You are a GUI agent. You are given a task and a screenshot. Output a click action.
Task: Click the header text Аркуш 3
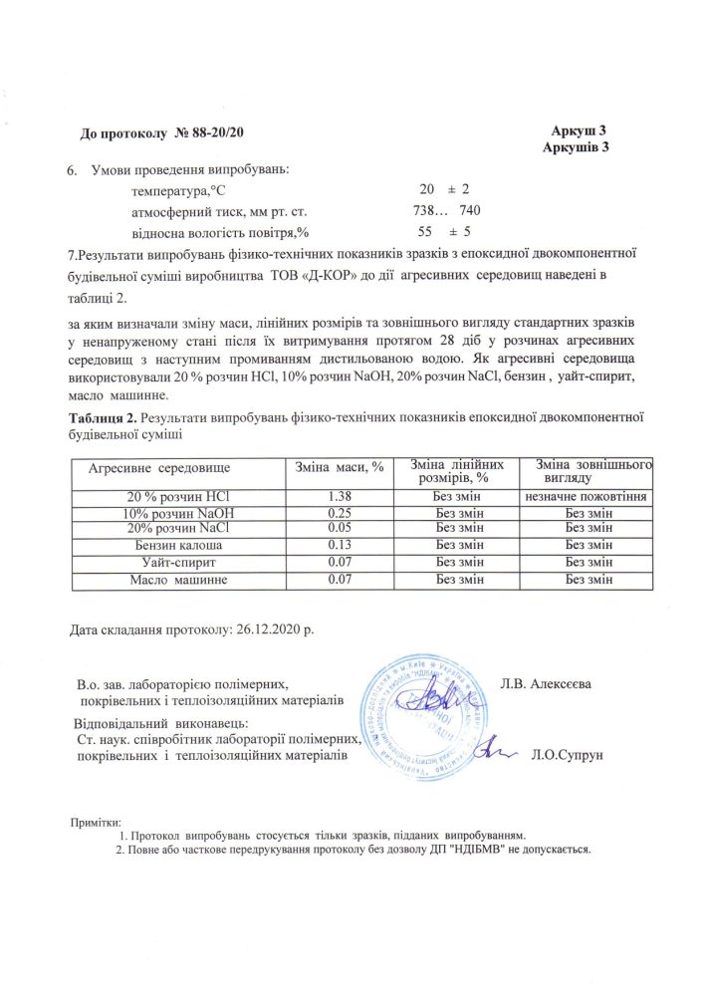(x=579, y=131)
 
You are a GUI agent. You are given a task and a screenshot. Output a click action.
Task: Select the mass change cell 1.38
(x=341, y=496)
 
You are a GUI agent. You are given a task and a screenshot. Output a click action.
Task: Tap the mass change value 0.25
(x=341, y=513)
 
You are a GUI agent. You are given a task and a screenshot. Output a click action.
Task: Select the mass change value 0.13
(x=341, y=546)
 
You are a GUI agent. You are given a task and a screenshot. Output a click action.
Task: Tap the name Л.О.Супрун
(x=569, y=755)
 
